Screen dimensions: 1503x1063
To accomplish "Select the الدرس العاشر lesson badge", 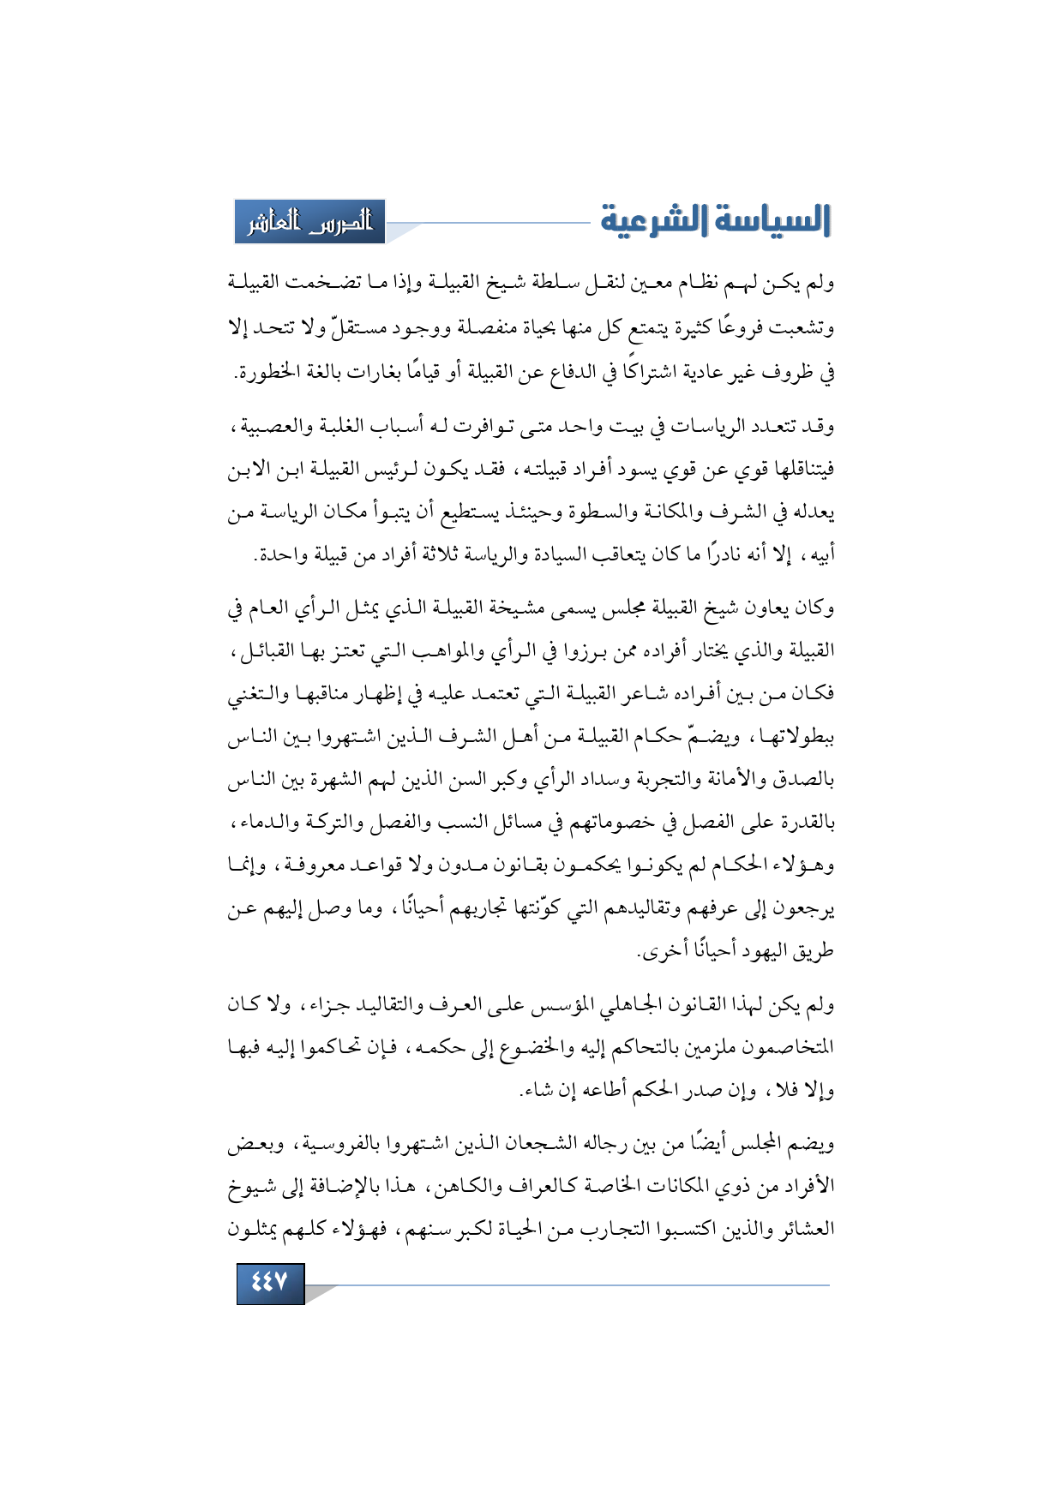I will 310,222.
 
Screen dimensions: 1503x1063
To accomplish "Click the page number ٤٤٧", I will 270,1283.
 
